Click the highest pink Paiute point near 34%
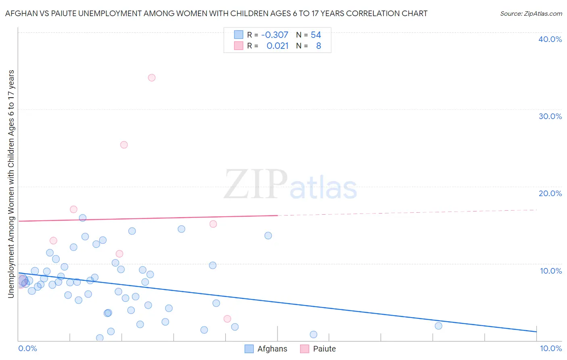coord(152,77)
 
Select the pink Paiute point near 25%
coord(124,145)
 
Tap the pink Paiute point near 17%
coord(73,209)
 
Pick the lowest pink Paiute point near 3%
coord(227,319)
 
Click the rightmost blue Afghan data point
coord(438,326)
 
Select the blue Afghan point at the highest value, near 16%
coord(83,218)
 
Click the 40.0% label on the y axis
coord(550,39)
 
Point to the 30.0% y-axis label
coord(550,116)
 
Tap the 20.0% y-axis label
coord(550,193)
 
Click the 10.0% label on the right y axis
coord(550,271)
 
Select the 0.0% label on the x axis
coord(27,348)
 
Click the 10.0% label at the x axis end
coord(550,348)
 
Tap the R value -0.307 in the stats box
coord(275,35)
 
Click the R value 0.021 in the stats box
coord(277,46)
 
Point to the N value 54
coord(316,35)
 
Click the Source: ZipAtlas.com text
coord(531,13)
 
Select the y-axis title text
coord(11,184)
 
